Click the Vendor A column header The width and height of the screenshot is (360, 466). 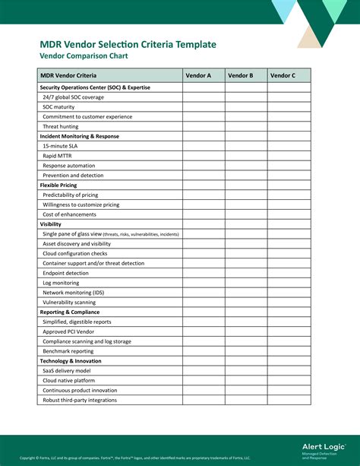(204, 76)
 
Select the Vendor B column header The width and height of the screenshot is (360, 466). (246, 76)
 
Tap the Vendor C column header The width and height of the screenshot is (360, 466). (289, 76)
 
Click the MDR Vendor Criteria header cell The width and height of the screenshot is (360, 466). (69, 76)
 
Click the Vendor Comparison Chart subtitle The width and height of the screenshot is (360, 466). (84, 56)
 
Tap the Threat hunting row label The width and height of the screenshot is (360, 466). (61, 126)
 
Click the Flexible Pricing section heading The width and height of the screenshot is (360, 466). (60, 185)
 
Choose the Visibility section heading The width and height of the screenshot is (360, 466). (51, 224)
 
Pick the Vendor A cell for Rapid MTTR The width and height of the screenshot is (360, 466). (204, 156)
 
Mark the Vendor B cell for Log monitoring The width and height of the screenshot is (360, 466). (246, 283)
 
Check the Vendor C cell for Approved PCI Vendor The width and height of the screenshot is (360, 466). (289, 331)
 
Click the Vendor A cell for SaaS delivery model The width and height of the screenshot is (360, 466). (204, 370)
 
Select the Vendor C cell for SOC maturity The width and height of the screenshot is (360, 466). (289, 107)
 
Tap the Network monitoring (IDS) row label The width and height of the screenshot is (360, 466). (74, 293)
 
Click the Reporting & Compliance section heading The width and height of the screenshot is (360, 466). (70, 312)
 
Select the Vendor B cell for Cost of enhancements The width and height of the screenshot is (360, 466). (246, 214)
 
